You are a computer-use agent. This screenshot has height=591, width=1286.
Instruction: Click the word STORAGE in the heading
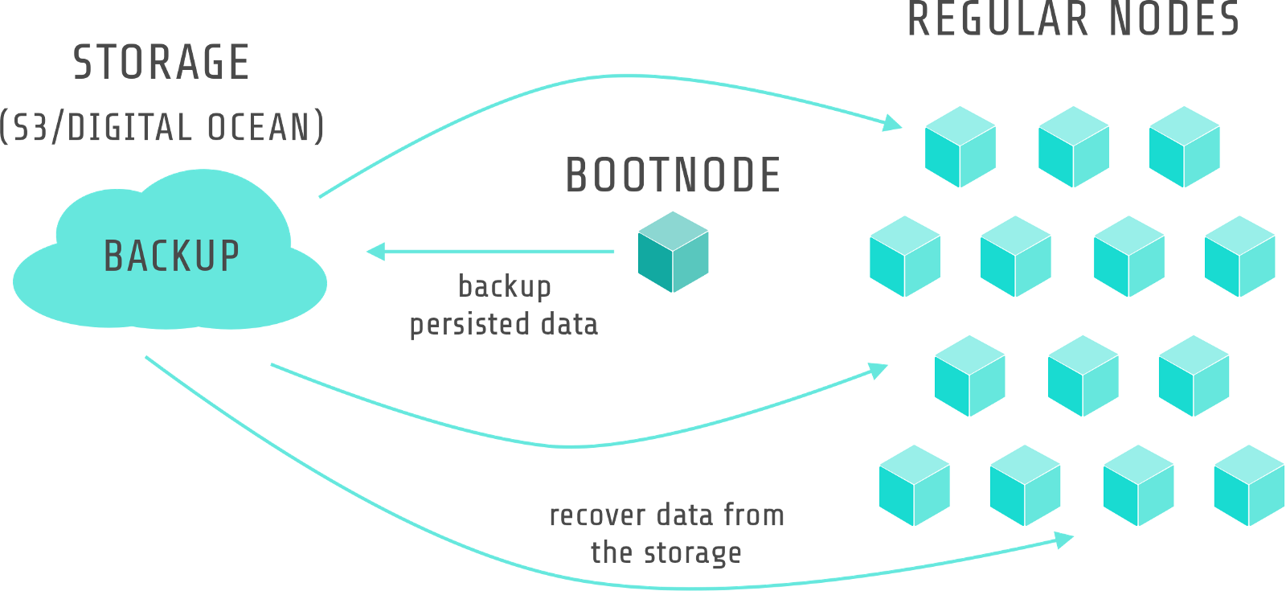click(x=161, y=63)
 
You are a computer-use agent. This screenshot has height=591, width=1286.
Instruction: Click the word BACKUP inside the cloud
click(x=171, y=257)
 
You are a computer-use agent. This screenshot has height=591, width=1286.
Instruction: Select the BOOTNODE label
click(x=674, y=175)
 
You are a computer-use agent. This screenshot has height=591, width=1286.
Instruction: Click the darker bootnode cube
click(x=674, y=252)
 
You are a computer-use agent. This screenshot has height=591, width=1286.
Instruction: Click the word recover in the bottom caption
click(x=597, y=515)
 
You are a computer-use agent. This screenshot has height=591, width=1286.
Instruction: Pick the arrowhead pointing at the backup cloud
click(x=375, y=252)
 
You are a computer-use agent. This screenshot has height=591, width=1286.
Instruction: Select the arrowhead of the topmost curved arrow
click(x=892, y=123)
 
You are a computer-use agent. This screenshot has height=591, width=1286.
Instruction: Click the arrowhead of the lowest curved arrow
click(x=1065, y=540)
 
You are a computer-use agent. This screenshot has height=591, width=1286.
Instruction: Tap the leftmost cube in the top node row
click(x=960, y=147)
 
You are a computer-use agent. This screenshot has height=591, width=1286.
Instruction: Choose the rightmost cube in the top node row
click(x=1185, y=147)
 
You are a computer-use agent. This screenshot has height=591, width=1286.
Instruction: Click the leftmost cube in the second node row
click(x=905, y=257)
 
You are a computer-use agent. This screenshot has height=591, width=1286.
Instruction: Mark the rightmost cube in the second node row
click(x=1240, y=257)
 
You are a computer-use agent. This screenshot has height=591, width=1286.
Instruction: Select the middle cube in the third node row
click(x=1083, y=376)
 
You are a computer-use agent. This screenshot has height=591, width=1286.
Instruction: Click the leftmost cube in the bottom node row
click(x=915, y=486)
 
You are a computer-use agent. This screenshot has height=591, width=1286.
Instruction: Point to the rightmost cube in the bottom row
click(x=1249, y=486)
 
